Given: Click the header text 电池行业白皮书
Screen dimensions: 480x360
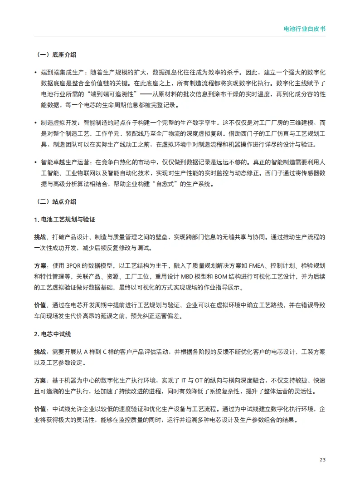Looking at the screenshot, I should click(304, 28).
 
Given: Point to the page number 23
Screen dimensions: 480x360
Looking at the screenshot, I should click(322, 460).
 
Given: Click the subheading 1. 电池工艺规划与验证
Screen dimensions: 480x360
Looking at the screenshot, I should click(64, 220).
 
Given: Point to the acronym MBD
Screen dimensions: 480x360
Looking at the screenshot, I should click(191, 276).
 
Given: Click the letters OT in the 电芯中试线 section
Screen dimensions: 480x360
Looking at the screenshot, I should click(202, 380).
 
